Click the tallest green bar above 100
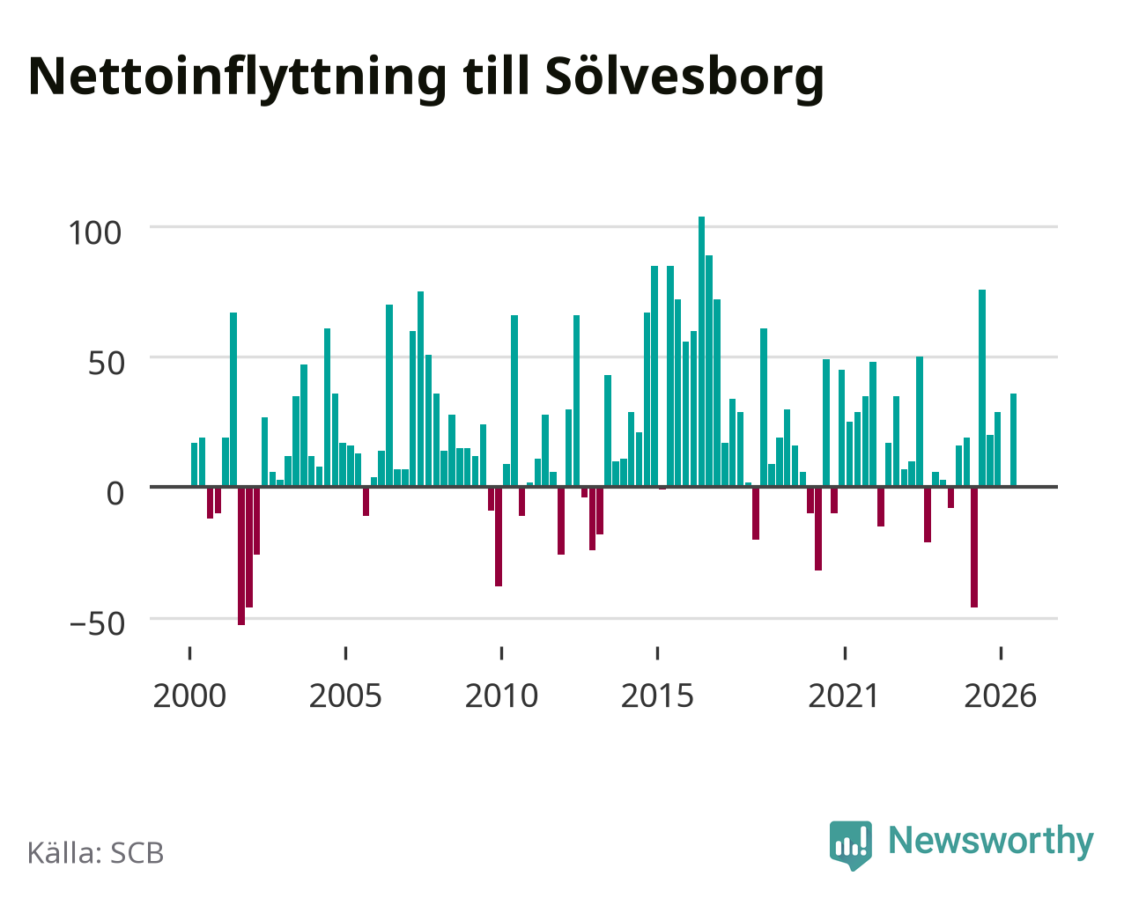click(701, 351)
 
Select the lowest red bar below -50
click(241, 556)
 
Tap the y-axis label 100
click(94, 232)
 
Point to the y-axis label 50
click(107, 364)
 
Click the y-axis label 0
click(115, 493)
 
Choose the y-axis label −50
click(97, 623)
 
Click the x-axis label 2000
click(189, 696)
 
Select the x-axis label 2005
click(345, 696)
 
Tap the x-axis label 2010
click(501, 696)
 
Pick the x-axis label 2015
click(657, 696)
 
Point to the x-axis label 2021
click(844, 696)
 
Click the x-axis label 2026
click(1000, 696)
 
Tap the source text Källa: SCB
click(96, 853)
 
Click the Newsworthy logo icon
click(851, 845)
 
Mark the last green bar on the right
click(1013, 440)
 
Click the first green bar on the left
click(195, 465)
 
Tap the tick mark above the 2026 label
click(1001, 653)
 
